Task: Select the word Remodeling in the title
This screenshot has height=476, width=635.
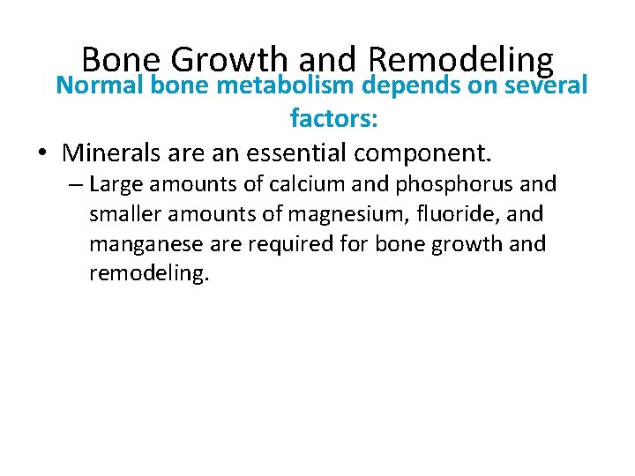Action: click(x=460, y=59)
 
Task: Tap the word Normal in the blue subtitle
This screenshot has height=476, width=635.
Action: click(x=99, y=86)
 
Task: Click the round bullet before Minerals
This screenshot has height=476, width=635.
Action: click(x=42, y=152)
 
